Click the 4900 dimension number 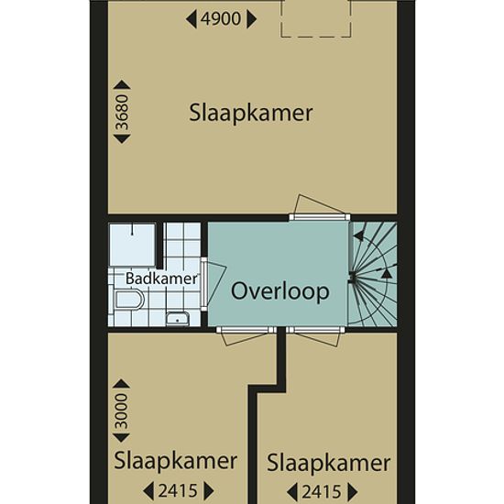tap(221, 19)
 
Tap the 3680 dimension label tap(122, 112)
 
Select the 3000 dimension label tap(122, 411)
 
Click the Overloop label tap(280, 291)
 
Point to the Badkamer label tap(161, 279)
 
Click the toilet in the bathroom tap(129, 300)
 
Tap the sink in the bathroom tap(178, 319)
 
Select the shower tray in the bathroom tap(133, 245)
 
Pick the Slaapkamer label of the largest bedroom tap(251, 113)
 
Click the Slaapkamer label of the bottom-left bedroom tap(176, 461)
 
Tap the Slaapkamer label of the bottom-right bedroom tap(328, 463)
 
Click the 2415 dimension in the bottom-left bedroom tap(178, 491)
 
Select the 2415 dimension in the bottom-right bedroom tap(322, 492)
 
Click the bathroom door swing tap(214, 283)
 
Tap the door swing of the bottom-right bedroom tap(317, 339)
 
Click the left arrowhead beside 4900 tap(192, 19)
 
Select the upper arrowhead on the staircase tap(358, 236)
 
